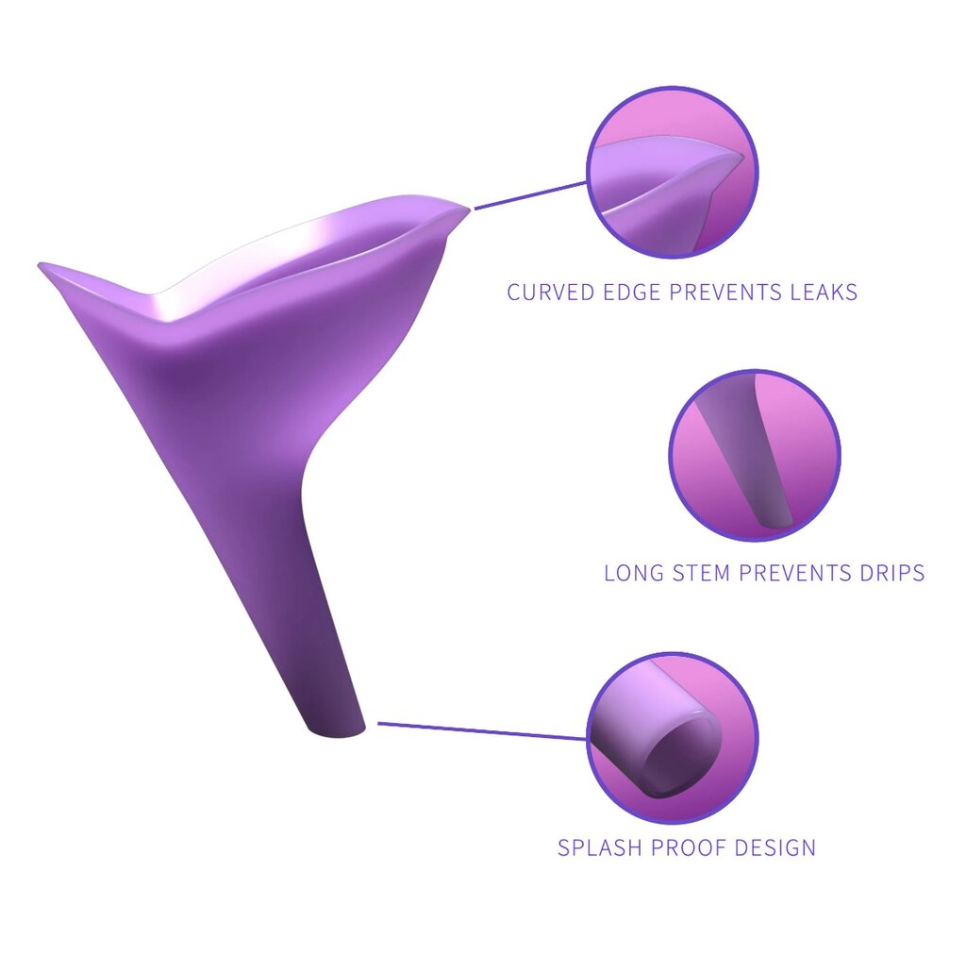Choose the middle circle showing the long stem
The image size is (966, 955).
click(x=754, y=454)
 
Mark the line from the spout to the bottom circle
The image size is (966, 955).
click(x=481, y=731)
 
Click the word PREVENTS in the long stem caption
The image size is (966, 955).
click(x=793, y=573)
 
